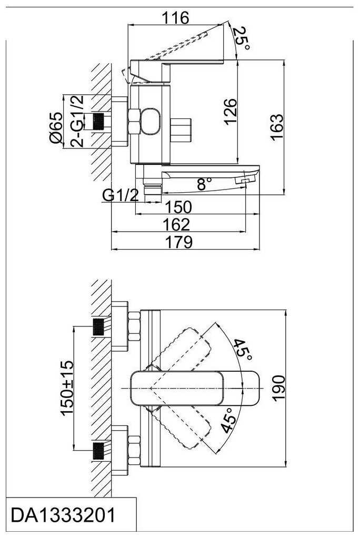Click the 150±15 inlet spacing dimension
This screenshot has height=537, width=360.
coord(66,388)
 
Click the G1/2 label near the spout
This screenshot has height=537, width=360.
coord(121,195)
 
